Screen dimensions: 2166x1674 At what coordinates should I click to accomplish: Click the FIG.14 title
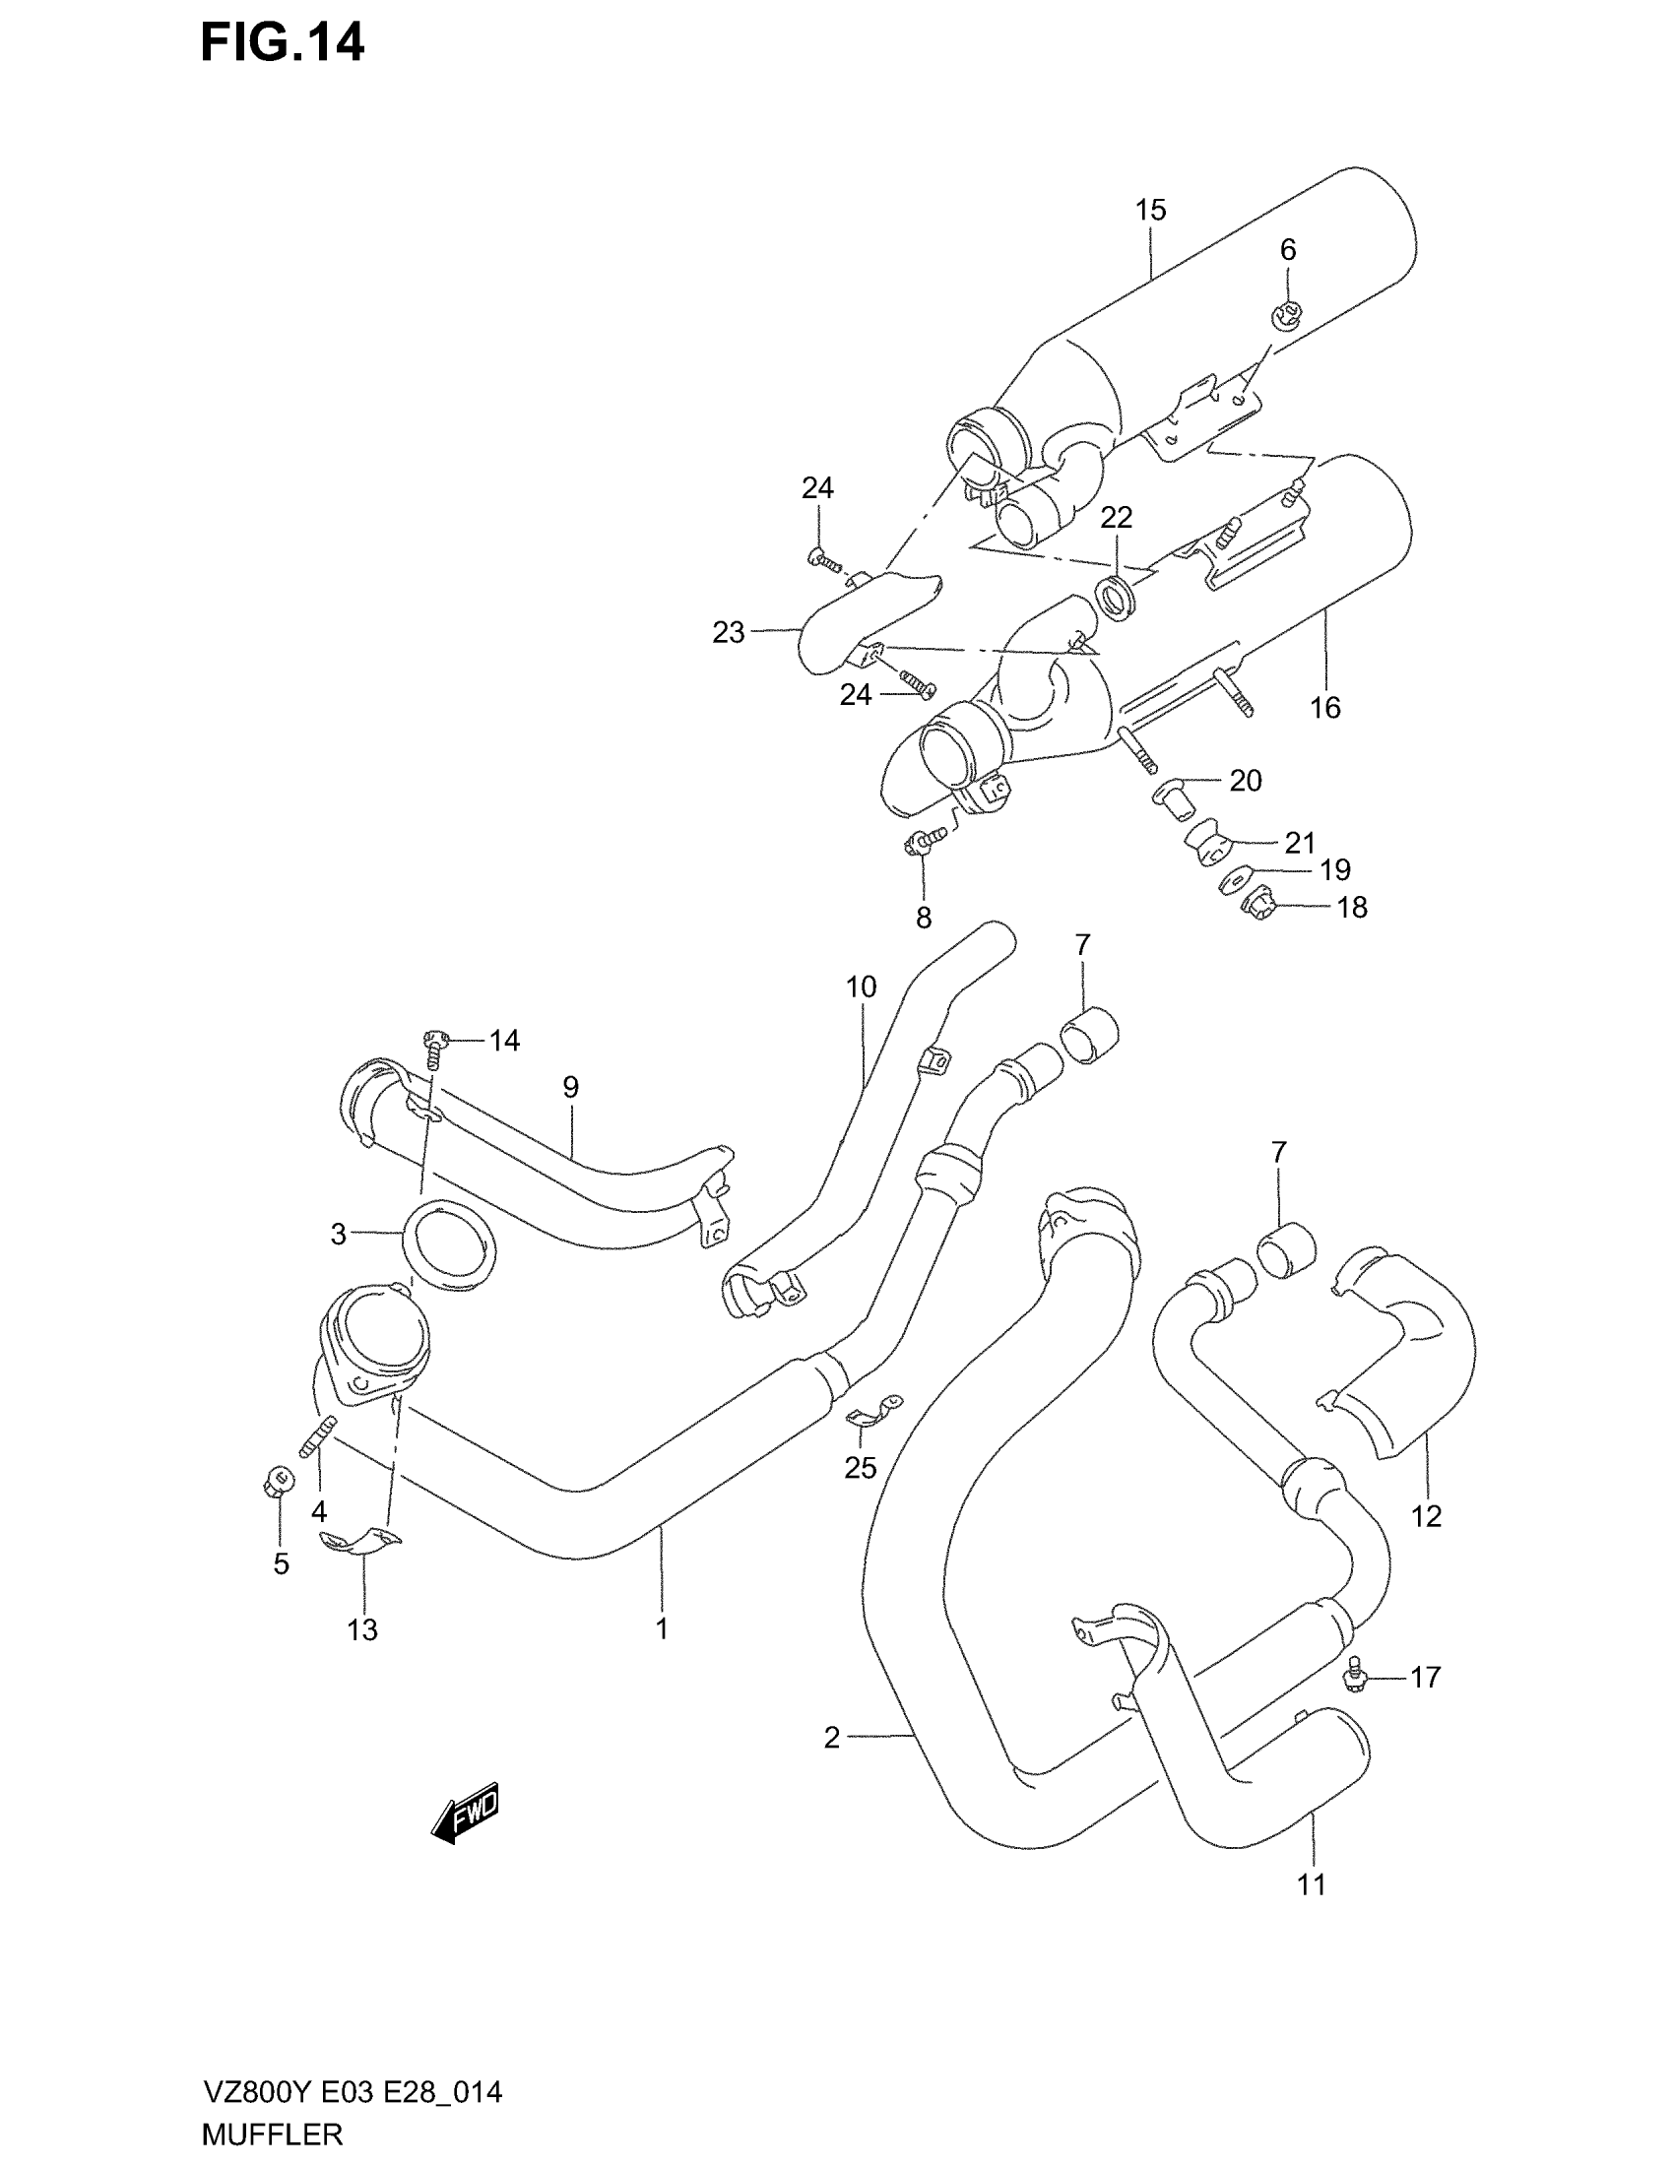[x=282, y=43]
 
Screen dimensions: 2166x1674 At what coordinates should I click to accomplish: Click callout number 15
[x=1150, y=211]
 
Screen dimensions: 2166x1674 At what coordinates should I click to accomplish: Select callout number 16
[x=1324, y=707]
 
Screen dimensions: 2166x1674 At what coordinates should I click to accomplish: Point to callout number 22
[x=1116, y=517]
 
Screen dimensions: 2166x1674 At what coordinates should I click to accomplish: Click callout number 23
[x=728, y=632]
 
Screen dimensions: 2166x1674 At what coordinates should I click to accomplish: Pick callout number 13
[x=362, y=1629]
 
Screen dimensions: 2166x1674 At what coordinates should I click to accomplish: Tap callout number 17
[x=1425, y=1677]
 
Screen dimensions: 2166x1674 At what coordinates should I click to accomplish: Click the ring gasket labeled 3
[x=450, y=1244]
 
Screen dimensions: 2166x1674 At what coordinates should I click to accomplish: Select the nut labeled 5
[x=279, y=1484]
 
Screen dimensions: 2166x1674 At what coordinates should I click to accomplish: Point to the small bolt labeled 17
[x=1353, y=1676]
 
